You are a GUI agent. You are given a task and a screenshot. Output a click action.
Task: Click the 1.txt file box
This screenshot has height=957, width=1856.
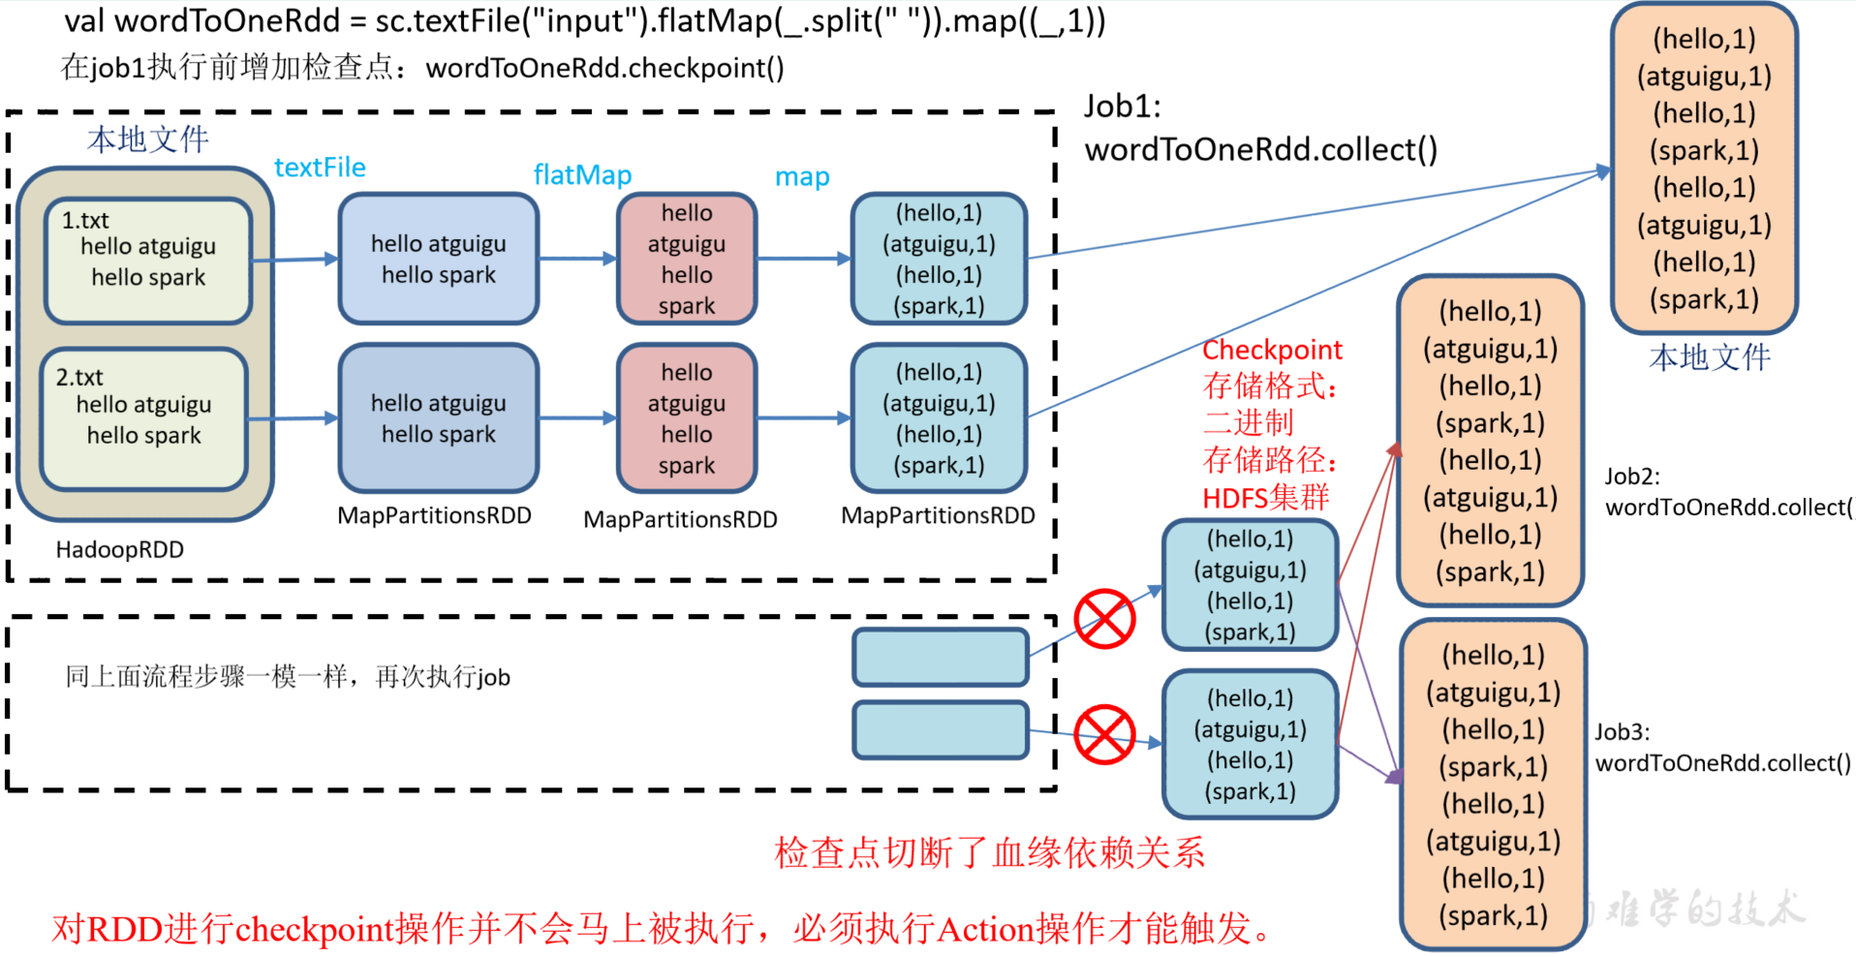coord(148,260)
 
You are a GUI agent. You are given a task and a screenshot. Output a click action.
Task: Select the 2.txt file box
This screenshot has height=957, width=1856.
coord(143,418)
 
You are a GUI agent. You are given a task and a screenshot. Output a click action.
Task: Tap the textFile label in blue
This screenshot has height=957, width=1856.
coord(320,168)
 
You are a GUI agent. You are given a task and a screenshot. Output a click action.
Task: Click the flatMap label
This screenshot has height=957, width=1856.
coord(582,174)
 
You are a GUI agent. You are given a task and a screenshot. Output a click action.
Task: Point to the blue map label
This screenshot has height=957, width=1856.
coord(802,177)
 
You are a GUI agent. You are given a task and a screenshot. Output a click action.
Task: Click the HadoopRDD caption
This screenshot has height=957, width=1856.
coord(119,550)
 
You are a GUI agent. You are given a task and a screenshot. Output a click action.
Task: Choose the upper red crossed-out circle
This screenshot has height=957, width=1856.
coord(1104,619)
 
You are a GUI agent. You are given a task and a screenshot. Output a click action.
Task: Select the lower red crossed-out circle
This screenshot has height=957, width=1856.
coord(1104,735)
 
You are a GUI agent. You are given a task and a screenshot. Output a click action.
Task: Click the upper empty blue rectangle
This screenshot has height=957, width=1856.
coord(940,657)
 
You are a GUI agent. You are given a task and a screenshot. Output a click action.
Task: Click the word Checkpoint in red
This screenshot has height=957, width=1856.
coord(1272,350)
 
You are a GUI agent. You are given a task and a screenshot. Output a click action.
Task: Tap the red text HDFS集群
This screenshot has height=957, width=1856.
coord(1265,498)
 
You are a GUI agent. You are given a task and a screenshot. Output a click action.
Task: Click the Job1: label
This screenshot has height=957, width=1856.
coord(1122,107)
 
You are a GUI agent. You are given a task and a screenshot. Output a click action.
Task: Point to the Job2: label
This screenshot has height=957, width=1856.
coord(1631,477)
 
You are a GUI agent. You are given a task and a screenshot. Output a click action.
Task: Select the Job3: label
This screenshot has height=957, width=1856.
coord(1622,732)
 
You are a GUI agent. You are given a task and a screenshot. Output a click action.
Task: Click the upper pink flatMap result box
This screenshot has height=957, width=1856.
coord(687,259)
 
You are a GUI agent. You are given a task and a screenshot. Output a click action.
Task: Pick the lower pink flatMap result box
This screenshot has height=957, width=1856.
coord(687,418)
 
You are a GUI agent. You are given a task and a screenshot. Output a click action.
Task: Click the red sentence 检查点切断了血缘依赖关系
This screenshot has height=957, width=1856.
coord(989,852)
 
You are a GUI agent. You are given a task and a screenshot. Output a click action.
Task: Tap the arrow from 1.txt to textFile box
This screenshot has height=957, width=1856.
coord(294,260)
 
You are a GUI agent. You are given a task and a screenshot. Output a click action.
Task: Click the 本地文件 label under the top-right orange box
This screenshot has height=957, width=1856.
coord(1709,357)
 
